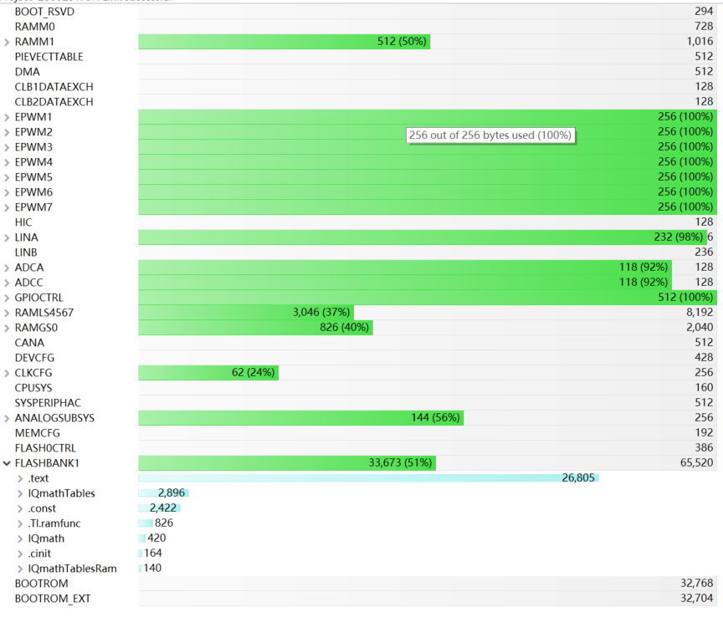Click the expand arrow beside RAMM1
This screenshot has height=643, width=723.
(x=8, y=42)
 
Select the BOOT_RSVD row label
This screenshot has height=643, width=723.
(x=44, y=12)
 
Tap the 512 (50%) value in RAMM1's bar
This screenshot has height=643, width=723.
(x=402, y=42)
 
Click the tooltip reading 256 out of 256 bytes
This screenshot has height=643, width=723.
(x=490, y=135)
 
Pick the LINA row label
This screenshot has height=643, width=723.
(x=26, y=237)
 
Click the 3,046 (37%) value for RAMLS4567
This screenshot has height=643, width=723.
(x=321, y=313)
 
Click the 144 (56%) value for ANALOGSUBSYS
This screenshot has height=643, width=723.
(x=435, y=418)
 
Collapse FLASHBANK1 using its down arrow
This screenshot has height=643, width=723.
(x=8, y=463)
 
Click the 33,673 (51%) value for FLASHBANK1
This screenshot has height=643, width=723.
(x=400, y=463)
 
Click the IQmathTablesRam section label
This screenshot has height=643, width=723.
(x=72, y=569)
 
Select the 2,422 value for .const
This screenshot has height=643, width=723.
(x=163, y=508)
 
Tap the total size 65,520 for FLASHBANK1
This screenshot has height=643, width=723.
(x=697, y=463)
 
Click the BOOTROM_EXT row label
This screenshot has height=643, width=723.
(x=53, y=599)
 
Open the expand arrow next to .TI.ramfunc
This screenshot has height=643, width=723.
(x=21, y=523)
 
